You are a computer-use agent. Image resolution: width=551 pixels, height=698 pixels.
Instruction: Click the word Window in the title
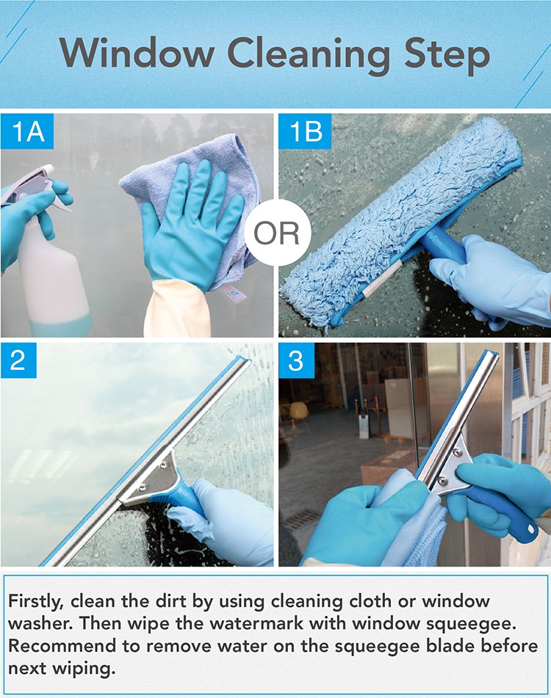[x=137, y=54]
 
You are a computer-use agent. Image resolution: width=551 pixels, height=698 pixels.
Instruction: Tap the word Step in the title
[x=447, y=57]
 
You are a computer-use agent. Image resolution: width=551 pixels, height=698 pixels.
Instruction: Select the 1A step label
[x=27, y=131]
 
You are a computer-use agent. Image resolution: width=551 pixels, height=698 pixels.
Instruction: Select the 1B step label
[x=305, y=131]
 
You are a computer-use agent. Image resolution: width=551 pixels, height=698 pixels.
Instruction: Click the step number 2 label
[x=18, y=360]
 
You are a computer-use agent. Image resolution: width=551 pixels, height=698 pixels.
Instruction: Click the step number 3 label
[x=296, y=360]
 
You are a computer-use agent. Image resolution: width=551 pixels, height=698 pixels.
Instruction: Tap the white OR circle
[x=276, y=232]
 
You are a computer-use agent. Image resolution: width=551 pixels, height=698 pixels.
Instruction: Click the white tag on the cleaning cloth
[x=232, y=294]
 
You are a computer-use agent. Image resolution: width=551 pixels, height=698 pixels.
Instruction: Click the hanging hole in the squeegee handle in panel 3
[x=531, y=529]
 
